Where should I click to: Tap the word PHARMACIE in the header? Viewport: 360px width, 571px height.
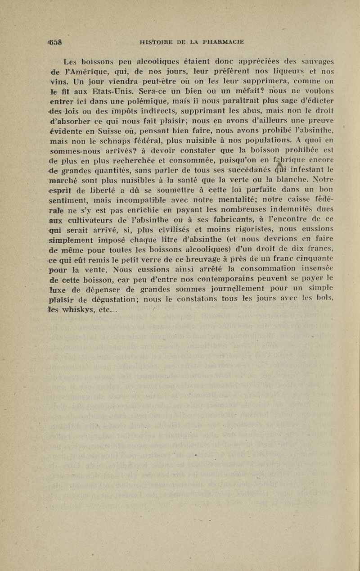[x=221, y=43]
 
